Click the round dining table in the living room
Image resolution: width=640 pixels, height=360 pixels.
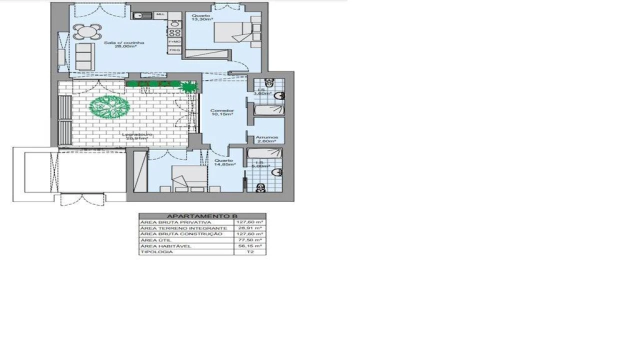[87, 32]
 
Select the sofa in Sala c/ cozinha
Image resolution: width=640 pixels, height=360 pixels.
[84, 56]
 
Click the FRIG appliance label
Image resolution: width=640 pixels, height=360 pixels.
[174, 50]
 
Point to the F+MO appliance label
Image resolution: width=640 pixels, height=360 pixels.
[174, 41]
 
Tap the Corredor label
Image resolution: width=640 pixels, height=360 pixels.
[222, 110]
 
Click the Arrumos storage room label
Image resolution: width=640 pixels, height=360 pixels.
[266, 137]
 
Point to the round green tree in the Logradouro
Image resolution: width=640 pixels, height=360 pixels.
[109, 106]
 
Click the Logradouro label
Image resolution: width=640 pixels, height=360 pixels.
[137, 135]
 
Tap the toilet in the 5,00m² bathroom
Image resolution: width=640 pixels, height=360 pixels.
[260, 187]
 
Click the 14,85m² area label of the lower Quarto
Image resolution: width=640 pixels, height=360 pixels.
[224, 164]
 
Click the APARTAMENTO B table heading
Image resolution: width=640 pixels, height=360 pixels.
[202, 216]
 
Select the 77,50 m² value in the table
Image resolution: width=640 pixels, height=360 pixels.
[250, 240]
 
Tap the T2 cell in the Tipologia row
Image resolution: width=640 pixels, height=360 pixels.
[250, 252]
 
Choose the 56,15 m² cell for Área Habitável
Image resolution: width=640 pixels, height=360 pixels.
[250, 246]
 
